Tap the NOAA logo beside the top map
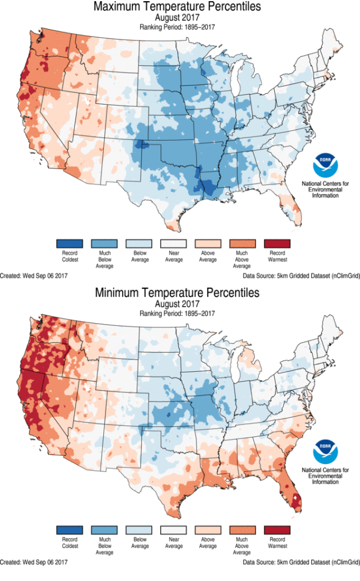pyautogui.click(x=325, y=165)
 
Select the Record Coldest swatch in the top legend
pyautogui.click(x=70, y=243)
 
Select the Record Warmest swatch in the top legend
pyautogui.click(x=277, y=243)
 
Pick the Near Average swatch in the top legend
pyautogui.click(x=174, y=243)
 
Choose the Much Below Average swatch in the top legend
pyautogui.click(x=105, y=243)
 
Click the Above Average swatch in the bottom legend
pyautogui.click(x=208, y=530)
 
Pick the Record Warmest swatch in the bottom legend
pyautogui.click(x=277, y=530)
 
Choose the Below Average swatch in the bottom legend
pyautogui.click(x=139, y=530)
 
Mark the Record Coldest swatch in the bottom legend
pyautogui.click(x=70, y=530)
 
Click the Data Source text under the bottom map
pyautogui.click(x=301, y=562)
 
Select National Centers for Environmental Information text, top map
pyautogui.click(x=325, y=189)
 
